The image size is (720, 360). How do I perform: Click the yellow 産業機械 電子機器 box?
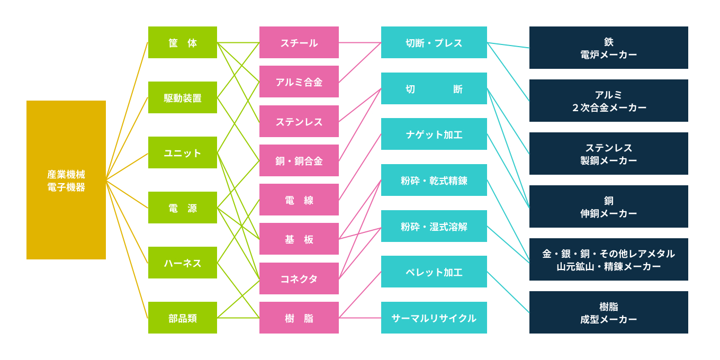click(66, 180)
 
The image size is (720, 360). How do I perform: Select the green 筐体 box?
click(183, 42)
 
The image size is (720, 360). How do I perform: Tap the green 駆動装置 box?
click(183, 97)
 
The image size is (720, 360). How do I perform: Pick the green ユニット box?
click(183, 152)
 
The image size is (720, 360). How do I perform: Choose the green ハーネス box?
click(183, 263)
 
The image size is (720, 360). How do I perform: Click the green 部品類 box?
click(183, 318)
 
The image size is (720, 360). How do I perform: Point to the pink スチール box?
click(299, 42)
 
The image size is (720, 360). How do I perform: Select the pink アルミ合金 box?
click(299, 82)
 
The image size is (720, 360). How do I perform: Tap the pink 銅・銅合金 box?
click(299, 160)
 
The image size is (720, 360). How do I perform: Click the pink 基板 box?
click(299, 239)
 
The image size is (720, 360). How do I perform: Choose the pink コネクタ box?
click(299, 278)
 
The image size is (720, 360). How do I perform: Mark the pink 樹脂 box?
click(299, 318)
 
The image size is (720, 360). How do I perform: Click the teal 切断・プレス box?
click(434, 42)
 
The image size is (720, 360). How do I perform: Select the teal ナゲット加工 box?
click(434, 134)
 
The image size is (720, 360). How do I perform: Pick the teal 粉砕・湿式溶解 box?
click(434, 226)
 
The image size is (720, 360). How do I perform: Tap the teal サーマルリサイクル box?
click(434, 318)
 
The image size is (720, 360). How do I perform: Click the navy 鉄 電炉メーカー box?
click(609, 48)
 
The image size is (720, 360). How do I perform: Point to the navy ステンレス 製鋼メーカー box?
click(609, 154)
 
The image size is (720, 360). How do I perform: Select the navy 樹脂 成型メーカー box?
click(609, 312)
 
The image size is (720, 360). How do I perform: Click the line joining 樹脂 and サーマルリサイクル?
click(360, 318)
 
